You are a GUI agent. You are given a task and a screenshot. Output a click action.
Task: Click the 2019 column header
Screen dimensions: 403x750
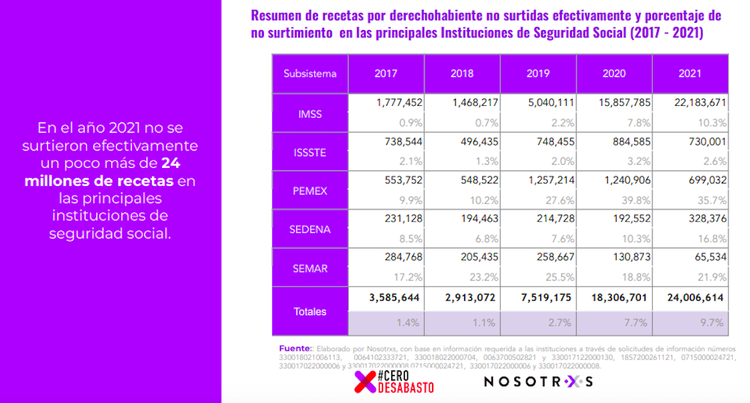[538, 74]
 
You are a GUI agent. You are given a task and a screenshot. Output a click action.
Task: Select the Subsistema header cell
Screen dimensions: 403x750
[309, 74]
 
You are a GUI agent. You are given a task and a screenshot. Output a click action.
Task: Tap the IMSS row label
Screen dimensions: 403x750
[310, 114]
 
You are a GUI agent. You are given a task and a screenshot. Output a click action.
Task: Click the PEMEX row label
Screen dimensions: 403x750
[310, 191]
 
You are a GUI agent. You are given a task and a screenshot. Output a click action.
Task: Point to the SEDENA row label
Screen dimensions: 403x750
[310, 229]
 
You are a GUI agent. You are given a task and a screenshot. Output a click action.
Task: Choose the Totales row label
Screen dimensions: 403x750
[310, 311]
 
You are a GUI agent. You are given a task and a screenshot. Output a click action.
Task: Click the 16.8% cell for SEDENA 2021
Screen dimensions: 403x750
[711, 238]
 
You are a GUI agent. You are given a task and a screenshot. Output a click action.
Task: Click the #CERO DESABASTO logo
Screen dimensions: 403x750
[394, 382]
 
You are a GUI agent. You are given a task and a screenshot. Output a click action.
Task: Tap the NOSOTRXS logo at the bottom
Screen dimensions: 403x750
[538, 382]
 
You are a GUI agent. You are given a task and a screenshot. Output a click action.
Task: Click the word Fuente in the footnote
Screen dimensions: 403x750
[295, 348]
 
